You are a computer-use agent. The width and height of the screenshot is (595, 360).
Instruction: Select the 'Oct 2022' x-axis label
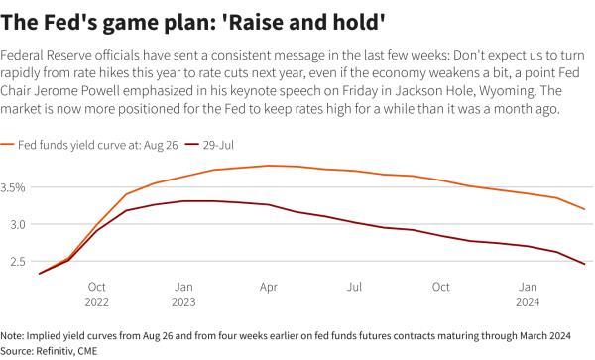97,294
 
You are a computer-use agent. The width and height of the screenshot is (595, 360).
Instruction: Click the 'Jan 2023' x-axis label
183,294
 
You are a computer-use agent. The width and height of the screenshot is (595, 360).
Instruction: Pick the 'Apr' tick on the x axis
268,287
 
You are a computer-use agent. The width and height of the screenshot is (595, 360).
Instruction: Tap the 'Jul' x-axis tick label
353,287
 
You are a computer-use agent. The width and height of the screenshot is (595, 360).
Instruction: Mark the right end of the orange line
584,209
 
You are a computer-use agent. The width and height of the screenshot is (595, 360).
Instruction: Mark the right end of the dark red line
584,265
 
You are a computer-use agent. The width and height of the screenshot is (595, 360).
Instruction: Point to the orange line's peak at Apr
268,166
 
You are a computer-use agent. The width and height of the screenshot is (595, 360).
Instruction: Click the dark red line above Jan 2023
183,201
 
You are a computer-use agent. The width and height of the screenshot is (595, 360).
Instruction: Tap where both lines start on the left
40,274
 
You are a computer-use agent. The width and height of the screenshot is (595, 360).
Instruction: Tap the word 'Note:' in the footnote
14,335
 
